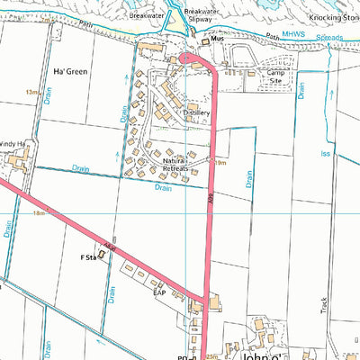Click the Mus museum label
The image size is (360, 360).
pos(217,40)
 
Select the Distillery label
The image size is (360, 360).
pos(196,112)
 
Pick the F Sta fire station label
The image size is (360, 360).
pos(87,256)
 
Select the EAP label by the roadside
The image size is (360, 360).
pos(158,292)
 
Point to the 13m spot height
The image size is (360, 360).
pos(34,92)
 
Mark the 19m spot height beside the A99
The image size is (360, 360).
pos(220,162)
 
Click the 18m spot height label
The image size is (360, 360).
pos(40,213)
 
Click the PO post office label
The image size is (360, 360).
pos(193,356)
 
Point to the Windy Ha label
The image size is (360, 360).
pos(9,143)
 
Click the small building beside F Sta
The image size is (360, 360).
pos(101,255)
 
